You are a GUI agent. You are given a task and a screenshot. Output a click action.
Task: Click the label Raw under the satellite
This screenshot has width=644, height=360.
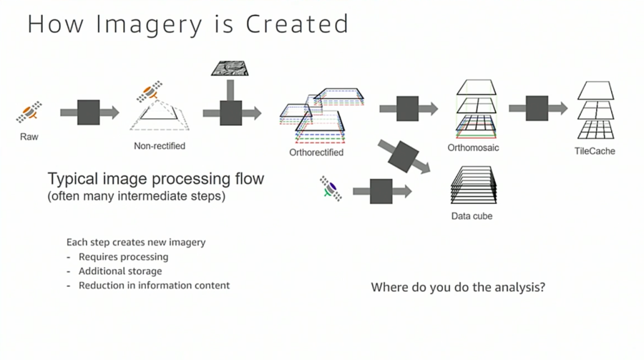(x=29, y=135)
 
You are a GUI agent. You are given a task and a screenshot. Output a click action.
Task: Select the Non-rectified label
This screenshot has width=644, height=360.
(x=159, y=146)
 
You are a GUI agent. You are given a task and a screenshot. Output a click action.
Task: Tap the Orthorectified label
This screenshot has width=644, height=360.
(x=316, y=152)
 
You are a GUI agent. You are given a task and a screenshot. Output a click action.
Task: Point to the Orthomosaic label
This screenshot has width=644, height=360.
(x=473, y=147)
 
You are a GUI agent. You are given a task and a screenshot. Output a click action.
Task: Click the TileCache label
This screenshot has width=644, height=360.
(x=595, y=151)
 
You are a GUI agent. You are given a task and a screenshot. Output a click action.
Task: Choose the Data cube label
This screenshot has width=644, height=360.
(x=472, y=215)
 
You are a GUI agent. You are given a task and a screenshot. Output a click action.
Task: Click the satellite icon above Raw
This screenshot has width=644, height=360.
(x=29, y=111)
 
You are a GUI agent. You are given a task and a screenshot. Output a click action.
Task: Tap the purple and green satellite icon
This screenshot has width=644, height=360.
(x=331, y=188)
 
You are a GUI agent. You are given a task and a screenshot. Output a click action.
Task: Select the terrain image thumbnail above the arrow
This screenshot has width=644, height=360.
(x=230, y=69)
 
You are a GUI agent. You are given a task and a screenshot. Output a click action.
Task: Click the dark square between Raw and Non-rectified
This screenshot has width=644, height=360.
(x=88, y=112)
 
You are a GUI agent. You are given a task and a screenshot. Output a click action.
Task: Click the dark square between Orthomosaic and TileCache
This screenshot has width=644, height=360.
(x=537, y=108)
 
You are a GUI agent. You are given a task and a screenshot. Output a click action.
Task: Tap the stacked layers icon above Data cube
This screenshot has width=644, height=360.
(x=472, y=185)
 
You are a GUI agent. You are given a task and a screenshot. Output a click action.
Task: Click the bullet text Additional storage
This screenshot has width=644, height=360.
(x=120, y=271)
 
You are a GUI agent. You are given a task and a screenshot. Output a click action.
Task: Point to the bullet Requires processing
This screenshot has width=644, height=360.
(x=123, y=256)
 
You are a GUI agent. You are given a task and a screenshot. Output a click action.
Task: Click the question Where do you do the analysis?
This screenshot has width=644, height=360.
(x=458, y=288)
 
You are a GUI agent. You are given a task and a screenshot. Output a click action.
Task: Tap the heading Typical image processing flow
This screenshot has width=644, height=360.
(x=155, y=178)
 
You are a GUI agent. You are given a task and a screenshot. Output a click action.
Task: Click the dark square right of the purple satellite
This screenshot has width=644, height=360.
(x=381, y=191)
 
